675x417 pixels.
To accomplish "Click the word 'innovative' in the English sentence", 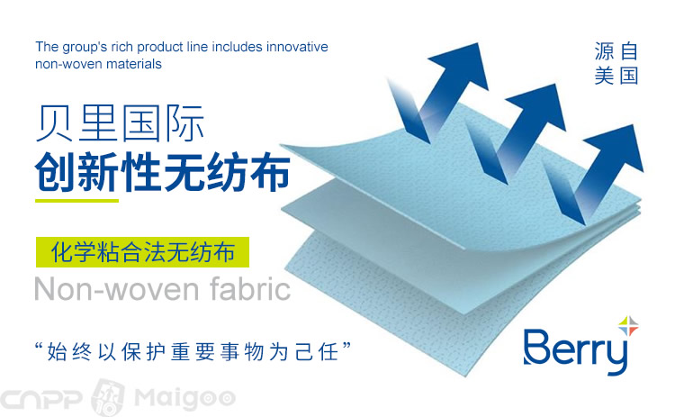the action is click(x=297, y=47).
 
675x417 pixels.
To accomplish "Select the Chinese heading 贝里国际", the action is click(x=120, y=123).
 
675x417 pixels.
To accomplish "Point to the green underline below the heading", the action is click(x=77, y=200).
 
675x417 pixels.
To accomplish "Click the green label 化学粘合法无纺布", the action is click(x=142, y=252).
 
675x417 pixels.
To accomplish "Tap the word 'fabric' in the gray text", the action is click(x=250, y=288).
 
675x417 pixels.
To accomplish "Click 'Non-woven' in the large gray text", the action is click(x=116, y=289).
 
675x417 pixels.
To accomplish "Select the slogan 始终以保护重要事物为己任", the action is click(x=193, y=351).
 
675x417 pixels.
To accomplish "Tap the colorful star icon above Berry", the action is click(x=628, y=326).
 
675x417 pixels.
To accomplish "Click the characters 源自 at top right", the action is click(x=616, y=51).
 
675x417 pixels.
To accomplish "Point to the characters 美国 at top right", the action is click(x=616, y=76).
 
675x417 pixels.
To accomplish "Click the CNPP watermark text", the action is click(x=40, y=398).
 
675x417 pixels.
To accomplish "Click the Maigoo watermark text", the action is click(x=185, y=397).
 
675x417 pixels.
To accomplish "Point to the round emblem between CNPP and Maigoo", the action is click(x=109, y=397).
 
